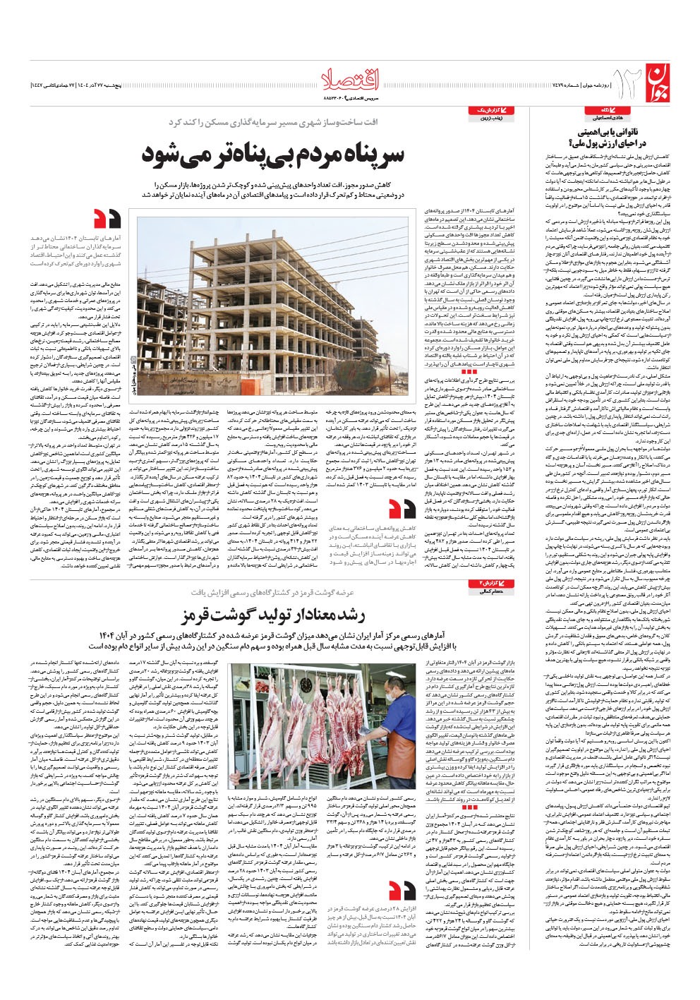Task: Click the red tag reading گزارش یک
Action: [x=487, y=112]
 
